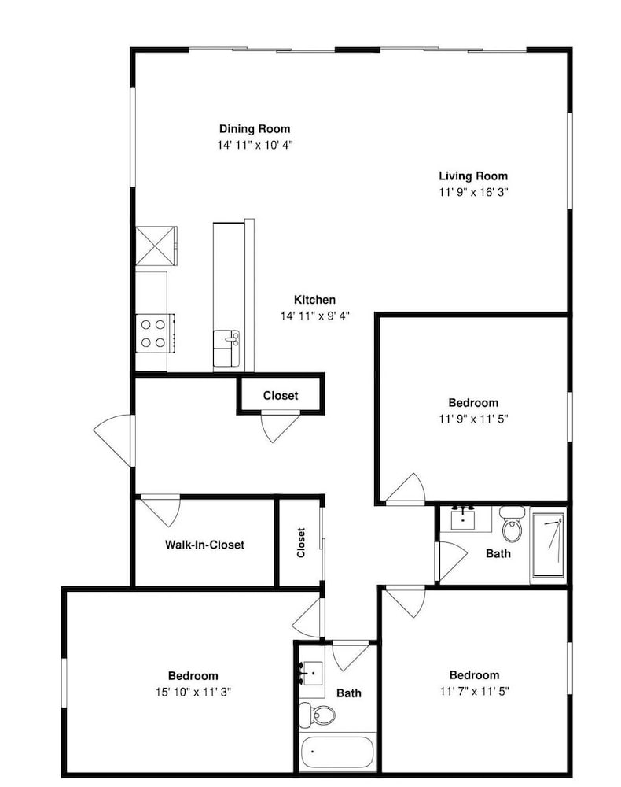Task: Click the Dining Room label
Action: pyautogui.click(x=255, y=129)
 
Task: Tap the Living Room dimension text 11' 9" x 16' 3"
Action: pyautogui.click(x=474, y=192)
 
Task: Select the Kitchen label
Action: pyautogui.click(x=314, y=300)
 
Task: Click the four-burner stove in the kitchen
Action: pyautogui.click(x=155, y=334)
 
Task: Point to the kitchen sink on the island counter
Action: pyautogui.click(x=226, y=348)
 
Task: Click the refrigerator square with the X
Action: pyautogui.click(x=156, y=246)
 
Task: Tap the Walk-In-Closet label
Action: pyautogui.click(x=204, y=545)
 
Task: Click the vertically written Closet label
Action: pyautogui.click(x=301, y=542)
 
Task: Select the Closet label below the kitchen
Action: pyautogui.click(x=281, y=396)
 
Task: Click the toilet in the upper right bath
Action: pyautogui.click(x=513, y=524)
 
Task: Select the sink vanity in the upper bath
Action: pyautogui.click(x=465, y=519)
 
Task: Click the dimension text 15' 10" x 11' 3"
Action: pyautogui.click(x=193, y=692)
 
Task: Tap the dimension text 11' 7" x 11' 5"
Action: pyautogui.click(x=475, y=691)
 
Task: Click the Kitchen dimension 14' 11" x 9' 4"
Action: pyautogui.click(x=314, y=316)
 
